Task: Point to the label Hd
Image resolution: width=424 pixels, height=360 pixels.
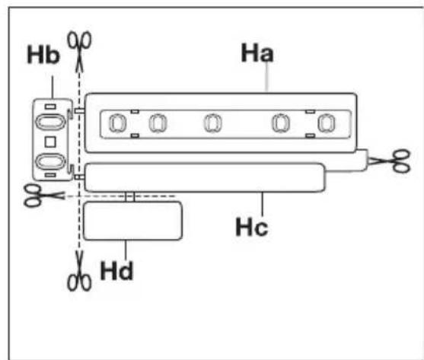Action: click(x=117, y=270)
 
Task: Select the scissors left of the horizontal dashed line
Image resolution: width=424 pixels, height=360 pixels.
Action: click(x=33, y=195)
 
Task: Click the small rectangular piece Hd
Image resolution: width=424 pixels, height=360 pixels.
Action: click(x=132, y=221)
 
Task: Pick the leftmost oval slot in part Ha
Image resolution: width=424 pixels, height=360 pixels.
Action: click(x=118, y=123)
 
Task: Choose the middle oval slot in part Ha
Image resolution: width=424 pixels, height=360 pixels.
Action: click(x=212, y=123)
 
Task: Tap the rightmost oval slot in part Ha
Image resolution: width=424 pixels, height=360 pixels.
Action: click(x=327, y=123)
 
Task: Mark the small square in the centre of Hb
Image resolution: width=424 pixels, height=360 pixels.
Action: click(x=50, y=142)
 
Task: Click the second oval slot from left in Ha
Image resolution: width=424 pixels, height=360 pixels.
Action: click(x=157, y=123)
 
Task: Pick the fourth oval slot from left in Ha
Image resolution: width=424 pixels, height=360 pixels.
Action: click(x=281, y=123)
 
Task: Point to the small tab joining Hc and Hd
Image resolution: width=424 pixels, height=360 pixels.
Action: click(x=131, y=197)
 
